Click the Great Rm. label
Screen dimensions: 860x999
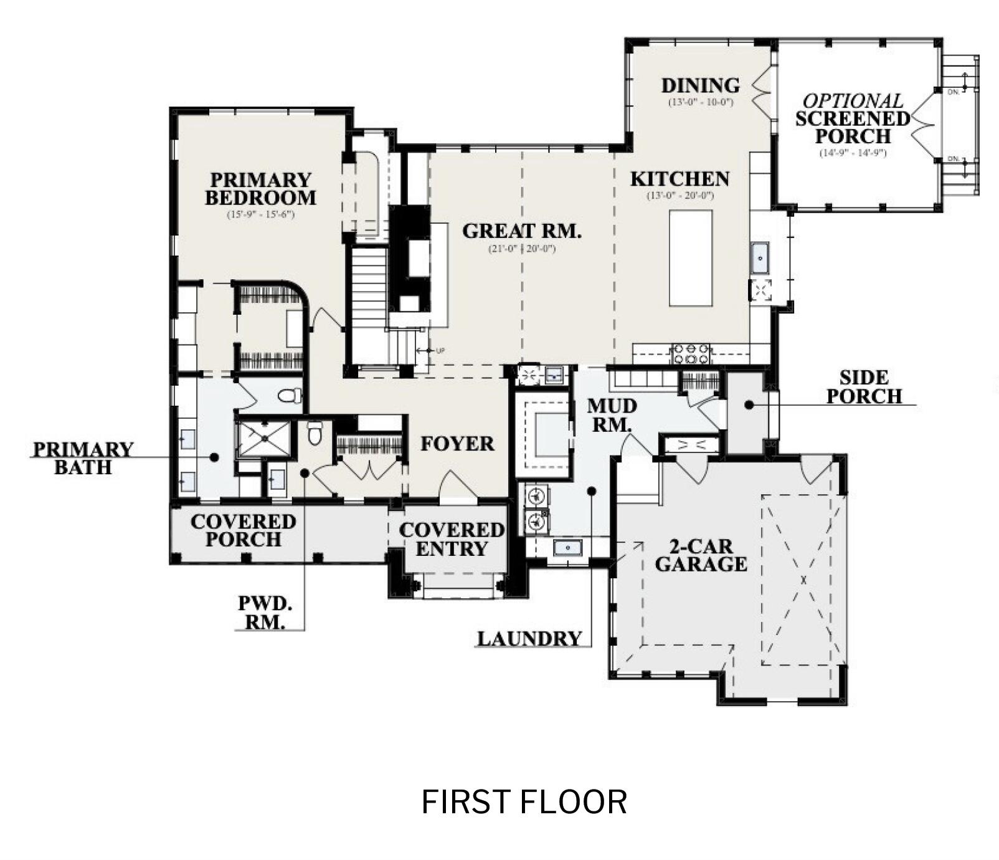click(521, 231)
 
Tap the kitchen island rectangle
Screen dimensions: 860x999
click(690, 258)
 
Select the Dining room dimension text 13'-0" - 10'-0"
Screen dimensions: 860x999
click(700, 102)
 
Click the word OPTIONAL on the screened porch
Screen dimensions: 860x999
click(852, 100)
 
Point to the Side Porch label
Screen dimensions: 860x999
click(864, 387)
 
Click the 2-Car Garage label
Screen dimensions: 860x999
click(701, 555)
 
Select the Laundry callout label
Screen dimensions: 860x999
click(529, 639)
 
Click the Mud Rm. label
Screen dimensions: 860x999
click(612, 415)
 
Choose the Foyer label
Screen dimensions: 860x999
click(457, 444)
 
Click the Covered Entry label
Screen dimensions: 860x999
click(452, 540)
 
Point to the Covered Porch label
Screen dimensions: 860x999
click(243, 530)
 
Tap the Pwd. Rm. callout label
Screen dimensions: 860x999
click(265, 613)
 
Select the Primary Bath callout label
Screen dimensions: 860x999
click(83, 458)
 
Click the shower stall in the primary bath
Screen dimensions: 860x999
click(265, 439)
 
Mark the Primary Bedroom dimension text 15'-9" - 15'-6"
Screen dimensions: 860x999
click(260, 214)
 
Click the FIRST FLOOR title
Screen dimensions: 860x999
click(524, 802)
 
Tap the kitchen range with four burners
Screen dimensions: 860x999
click(690, 354)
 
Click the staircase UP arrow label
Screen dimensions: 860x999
click(439, 351)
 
